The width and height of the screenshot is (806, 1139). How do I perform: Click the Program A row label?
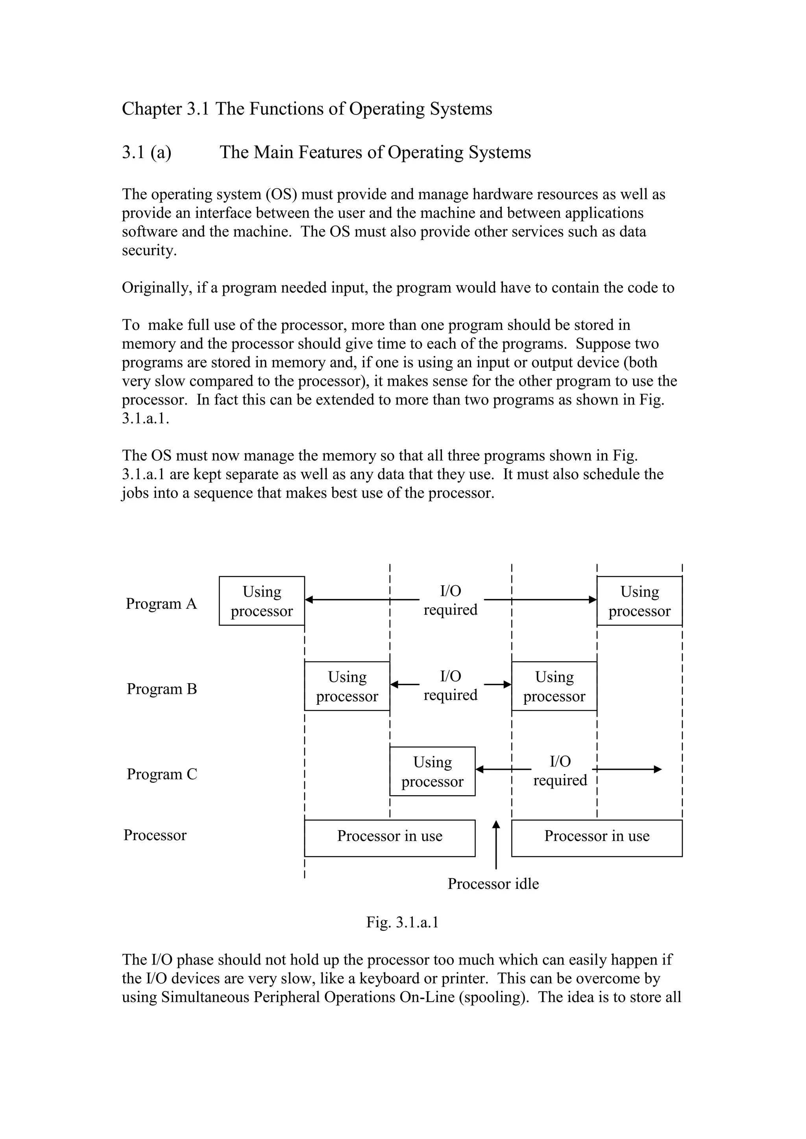[x=161, y=604]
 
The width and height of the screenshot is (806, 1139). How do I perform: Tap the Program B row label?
[x=162, y=689]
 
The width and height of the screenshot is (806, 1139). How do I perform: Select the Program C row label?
[x=162, y=774]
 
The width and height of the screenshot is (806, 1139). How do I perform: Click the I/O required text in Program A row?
[x=450, y=600]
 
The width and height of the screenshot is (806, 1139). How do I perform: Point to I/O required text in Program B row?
[x=450, y=686]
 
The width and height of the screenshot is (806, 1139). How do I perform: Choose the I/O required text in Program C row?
[x=560, y=771]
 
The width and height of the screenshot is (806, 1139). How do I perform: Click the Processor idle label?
[x=493, y=883]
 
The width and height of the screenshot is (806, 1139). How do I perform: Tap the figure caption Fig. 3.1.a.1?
[x=403, y=922]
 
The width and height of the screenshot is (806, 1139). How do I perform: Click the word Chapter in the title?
[x=152, y=109]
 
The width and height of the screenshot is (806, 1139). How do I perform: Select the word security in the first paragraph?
[x=148, y=251]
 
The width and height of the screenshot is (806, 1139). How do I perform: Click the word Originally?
[x=157, y=288]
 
